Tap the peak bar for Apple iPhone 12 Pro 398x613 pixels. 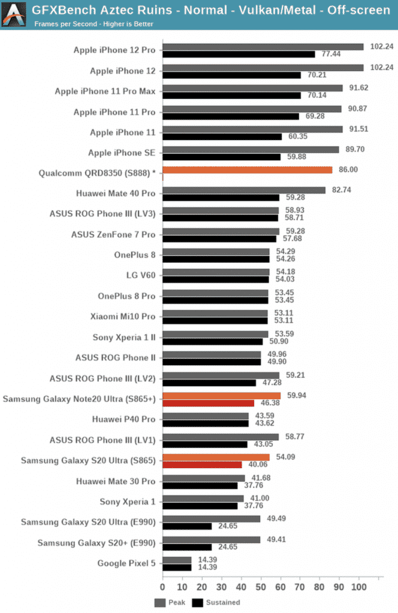(x=263, y=47)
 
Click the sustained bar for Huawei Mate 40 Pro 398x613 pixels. (x=221, y=198)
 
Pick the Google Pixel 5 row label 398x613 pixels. (x=126, y=563)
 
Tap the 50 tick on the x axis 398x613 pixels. (x=261, y=587)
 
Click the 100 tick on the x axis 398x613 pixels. (x=359, y=587)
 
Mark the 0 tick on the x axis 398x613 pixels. (x=162, y=587)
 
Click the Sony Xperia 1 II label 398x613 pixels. (x=124, y=337)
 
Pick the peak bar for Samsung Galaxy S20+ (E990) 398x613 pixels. (x=211, y=539)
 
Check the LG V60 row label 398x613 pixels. (x=140, y=275)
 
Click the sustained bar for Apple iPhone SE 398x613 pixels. (x=221, y=157)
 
